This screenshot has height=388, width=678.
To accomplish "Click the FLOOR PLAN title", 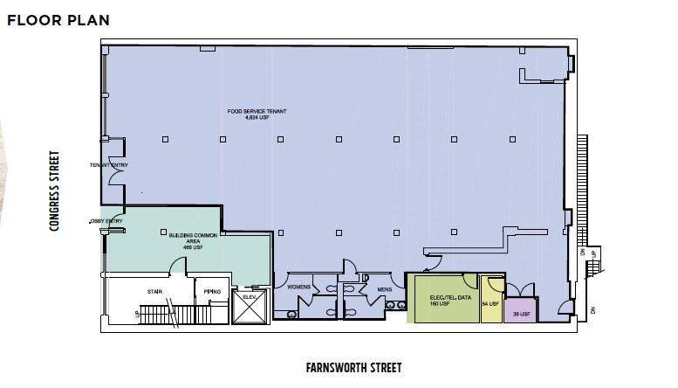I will pyautogui.click(x=59, y=19).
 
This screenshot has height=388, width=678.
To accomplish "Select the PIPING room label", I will pyautogui.click(x=212, y=290).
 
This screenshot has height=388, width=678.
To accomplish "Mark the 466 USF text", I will pyautogui.click(x=187, y=248).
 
